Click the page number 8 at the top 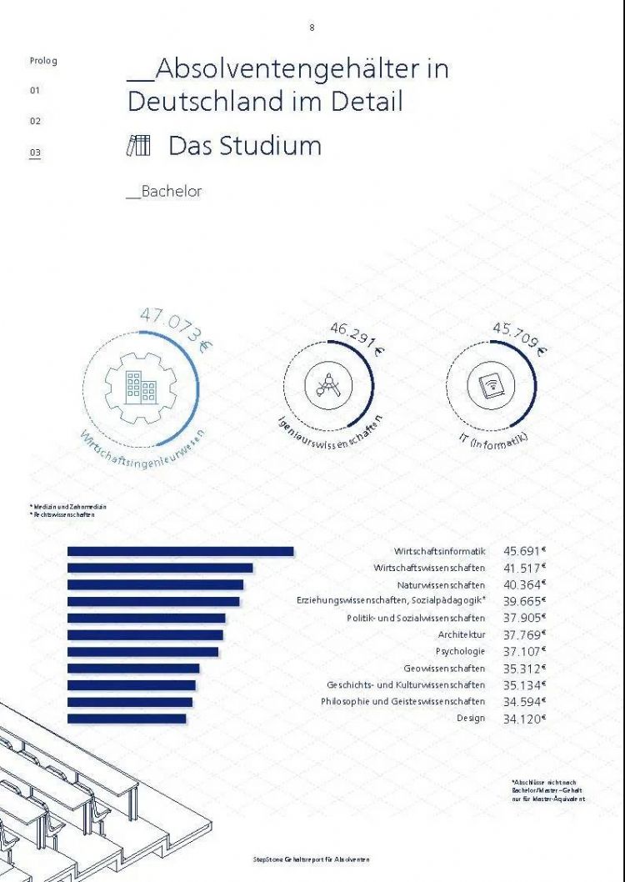(312, 28)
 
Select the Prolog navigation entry (43, 61)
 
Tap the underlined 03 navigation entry (35, 153)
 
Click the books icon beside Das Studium (138, 146)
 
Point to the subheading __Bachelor (164, 192)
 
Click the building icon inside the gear (141, 384)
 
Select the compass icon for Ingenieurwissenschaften (327, 385)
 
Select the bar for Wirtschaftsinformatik (180, 551)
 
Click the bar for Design (127, 719)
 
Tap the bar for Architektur (145, 635)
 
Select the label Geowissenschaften (444, 669)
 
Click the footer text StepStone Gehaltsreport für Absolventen (311, 859)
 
